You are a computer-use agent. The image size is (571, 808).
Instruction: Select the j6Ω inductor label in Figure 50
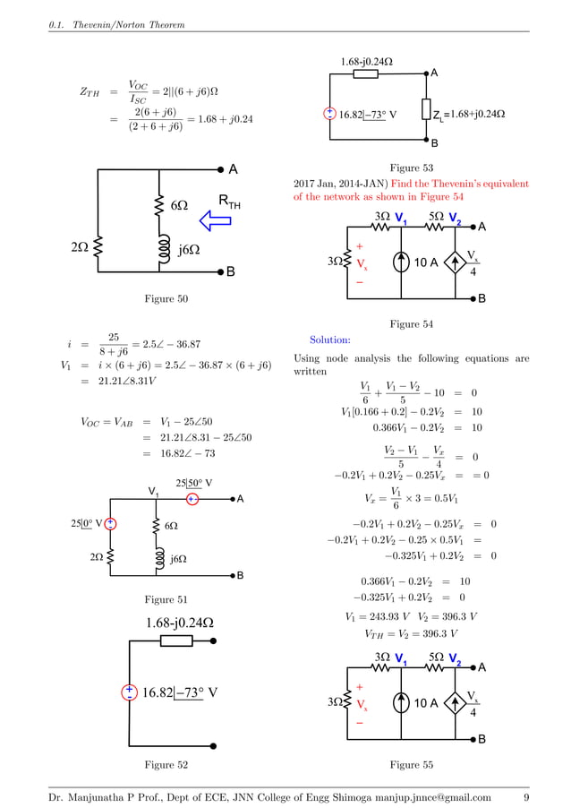click(x=188, y=250)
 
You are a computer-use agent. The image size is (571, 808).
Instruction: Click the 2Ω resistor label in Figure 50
click(x=80, y=243)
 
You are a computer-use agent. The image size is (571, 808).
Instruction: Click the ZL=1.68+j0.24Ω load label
click(x=469, y=115)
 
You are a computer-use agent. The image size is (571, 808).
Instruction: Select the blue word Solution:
click(x=329, y=340)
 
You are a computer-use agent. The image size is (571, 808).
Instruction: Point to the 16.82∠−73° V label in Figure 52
click(x=179, y=692)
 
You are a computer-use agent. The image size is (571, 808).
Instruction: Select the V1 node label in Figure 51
click(x=155, y=491)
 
